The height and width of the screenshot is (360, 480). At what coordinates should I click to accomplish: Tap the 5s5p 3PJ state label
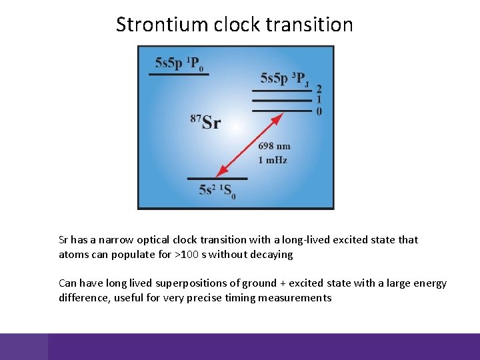click(x=284, y=79)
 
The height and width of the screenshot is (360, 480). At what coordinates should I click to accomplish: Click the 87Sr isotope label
click(x=205, y=121)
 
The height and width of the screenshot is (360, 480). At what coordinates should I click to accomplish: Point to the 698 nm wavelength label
click(x=274, y=147)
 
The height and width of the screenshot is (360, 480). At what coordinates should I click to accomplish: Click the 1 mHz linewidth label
click(x=273, y=160)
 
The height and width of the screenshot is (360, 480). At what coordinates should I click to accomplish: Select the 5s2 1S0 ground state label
click(x=217, y=191)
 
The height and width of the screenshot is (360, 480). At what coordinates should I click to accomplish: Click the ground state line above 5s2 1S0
click(x=217, y=179)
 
